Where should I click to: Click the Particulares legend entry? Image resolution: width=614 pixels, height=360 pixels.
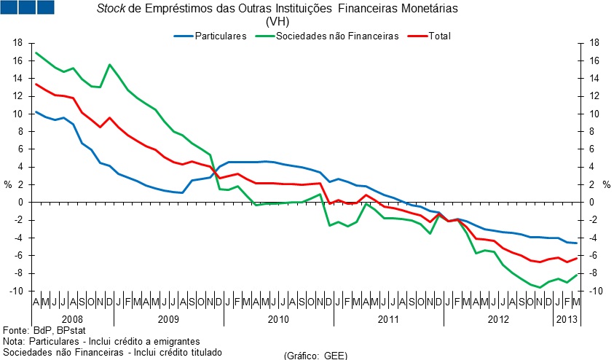221,36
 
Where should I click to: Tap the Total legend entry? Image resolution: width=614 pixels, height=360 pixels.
440,36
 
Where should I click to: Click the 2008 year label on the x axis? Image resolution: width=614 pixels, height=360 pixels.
73,319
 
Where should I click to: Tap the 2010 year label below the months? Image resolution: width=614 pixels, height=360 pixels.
278,319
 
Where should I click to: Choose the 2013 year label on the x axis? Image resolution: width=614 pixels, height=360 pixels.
566,319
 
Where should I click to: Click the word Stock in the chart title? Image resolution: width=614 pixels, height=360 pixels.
111,9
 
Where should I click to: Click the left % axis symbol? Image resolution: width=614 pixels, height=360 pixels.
8,184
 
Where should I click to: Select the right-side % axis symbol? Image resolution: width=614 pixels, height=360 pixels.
606,184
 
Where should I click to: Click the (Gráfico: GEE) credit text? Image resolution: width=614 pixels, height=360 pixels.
315,355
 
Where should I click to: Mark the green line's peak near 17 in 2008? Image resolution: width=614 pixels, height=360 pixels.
36,52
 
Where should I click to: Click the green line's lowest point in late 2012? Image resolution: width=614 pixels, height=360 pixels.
540,287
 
